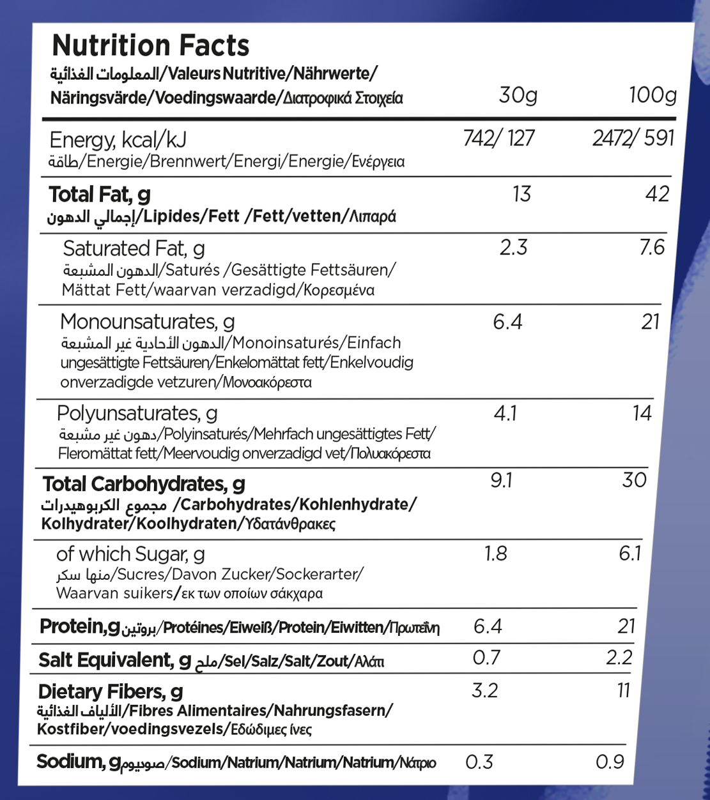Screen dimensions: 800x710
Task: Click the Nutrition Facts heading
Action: pos(150,45)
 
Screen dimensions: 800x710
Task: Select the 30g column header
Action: pos(518,95)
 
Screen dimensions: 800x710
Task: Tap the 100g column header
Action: pos(652,95)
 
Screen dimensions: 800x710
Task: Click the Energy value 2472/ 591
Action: pos(633,138)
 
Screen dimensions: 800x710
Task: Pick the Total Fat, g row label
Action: pos(100,194)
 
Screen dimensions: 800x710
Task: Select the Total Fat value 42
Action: pos(657,193)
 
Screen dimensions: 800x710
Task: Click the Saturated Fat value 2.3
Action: pos(514,247)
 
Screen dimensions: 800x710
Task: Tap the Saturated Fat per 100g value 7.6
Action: pos(652,247)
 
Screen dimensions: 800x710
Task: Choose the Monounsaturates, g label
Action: pos(148,321)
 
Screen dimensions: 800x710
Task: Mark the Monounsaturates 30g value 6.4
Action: pos(507,321)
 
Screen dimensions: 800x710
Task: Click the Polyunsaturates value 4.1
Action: pos(505,413)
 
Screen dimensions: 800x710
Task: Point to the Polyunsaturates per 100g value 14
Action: pos(642,413)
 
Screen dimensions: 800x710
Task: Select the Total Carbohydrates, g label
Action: pos(144,484)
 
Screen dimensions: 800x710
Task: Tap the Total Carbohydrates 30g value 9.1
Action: pos(501,480)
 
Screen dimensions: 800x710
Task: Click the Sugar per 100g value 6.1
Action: pos(629,553)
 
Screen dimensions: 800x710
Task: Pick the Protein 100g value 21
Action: pos(626,626)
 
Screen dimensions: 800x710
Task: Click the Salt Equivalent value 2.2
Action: pos(619,658)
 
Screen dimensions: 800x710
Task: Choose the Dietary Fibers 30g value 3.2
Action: pos(484,690)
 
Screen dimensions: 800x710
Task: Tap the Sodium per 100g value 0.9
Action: pos(610,762)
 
